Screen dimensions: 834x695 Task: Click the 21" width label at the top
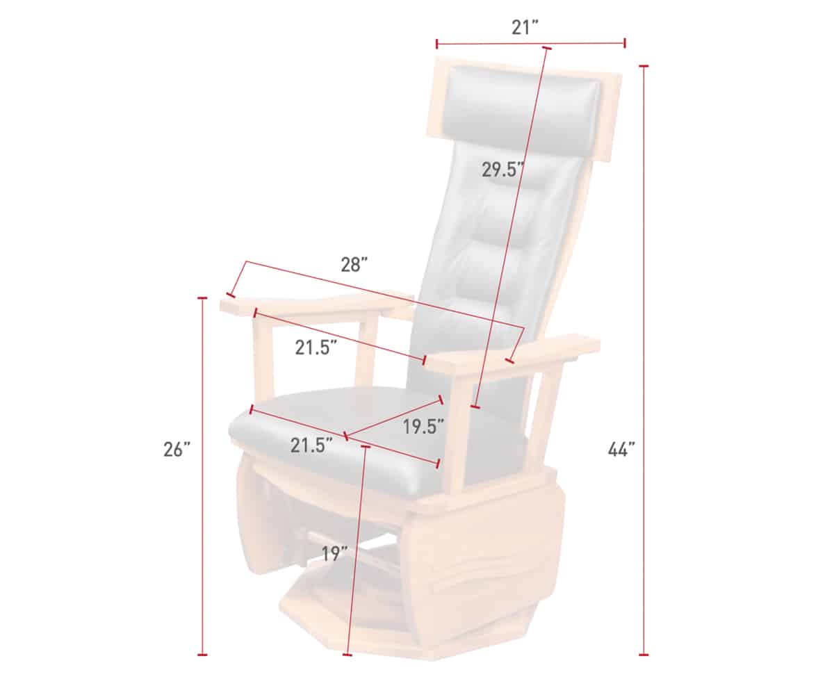[x=525, y=28]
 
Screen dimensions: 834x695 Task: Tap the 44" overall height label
[x=621, y=450]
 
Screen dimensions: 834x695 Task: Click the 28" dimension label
[x=354, y=264]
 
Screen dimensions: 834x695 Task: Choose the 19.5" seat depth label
[x=423, y=427]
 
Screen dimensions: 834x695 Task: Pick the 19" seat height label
[x=335, y=554]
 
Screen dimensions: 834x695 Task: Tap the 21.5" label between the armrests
[x=316, y=347]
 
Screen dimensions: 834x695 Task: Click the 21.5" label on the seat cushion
[x=311, y=445]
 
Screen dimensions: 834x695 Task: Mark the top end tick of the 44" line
[x=644, y=65]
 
